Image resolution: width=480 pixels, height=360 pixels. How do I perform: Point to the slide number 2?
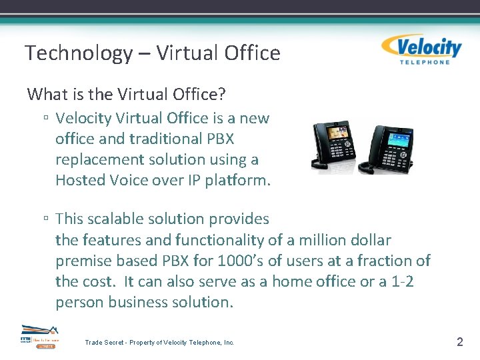click(x=459, y=342)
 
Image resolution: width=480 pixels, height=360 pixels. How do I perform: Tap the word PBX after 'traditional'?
click(x=219, y=139)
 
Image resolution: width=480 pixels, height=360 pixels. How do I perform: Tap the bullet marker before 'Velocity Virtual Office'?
click(x=45, y=119)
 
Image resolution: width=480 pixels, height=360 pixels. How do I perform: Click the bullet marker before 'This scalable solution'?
click(x=45, y=219)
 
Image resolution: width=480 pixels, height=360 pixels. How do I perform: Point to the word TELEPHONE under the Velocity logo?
click(x=424, y=63)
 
